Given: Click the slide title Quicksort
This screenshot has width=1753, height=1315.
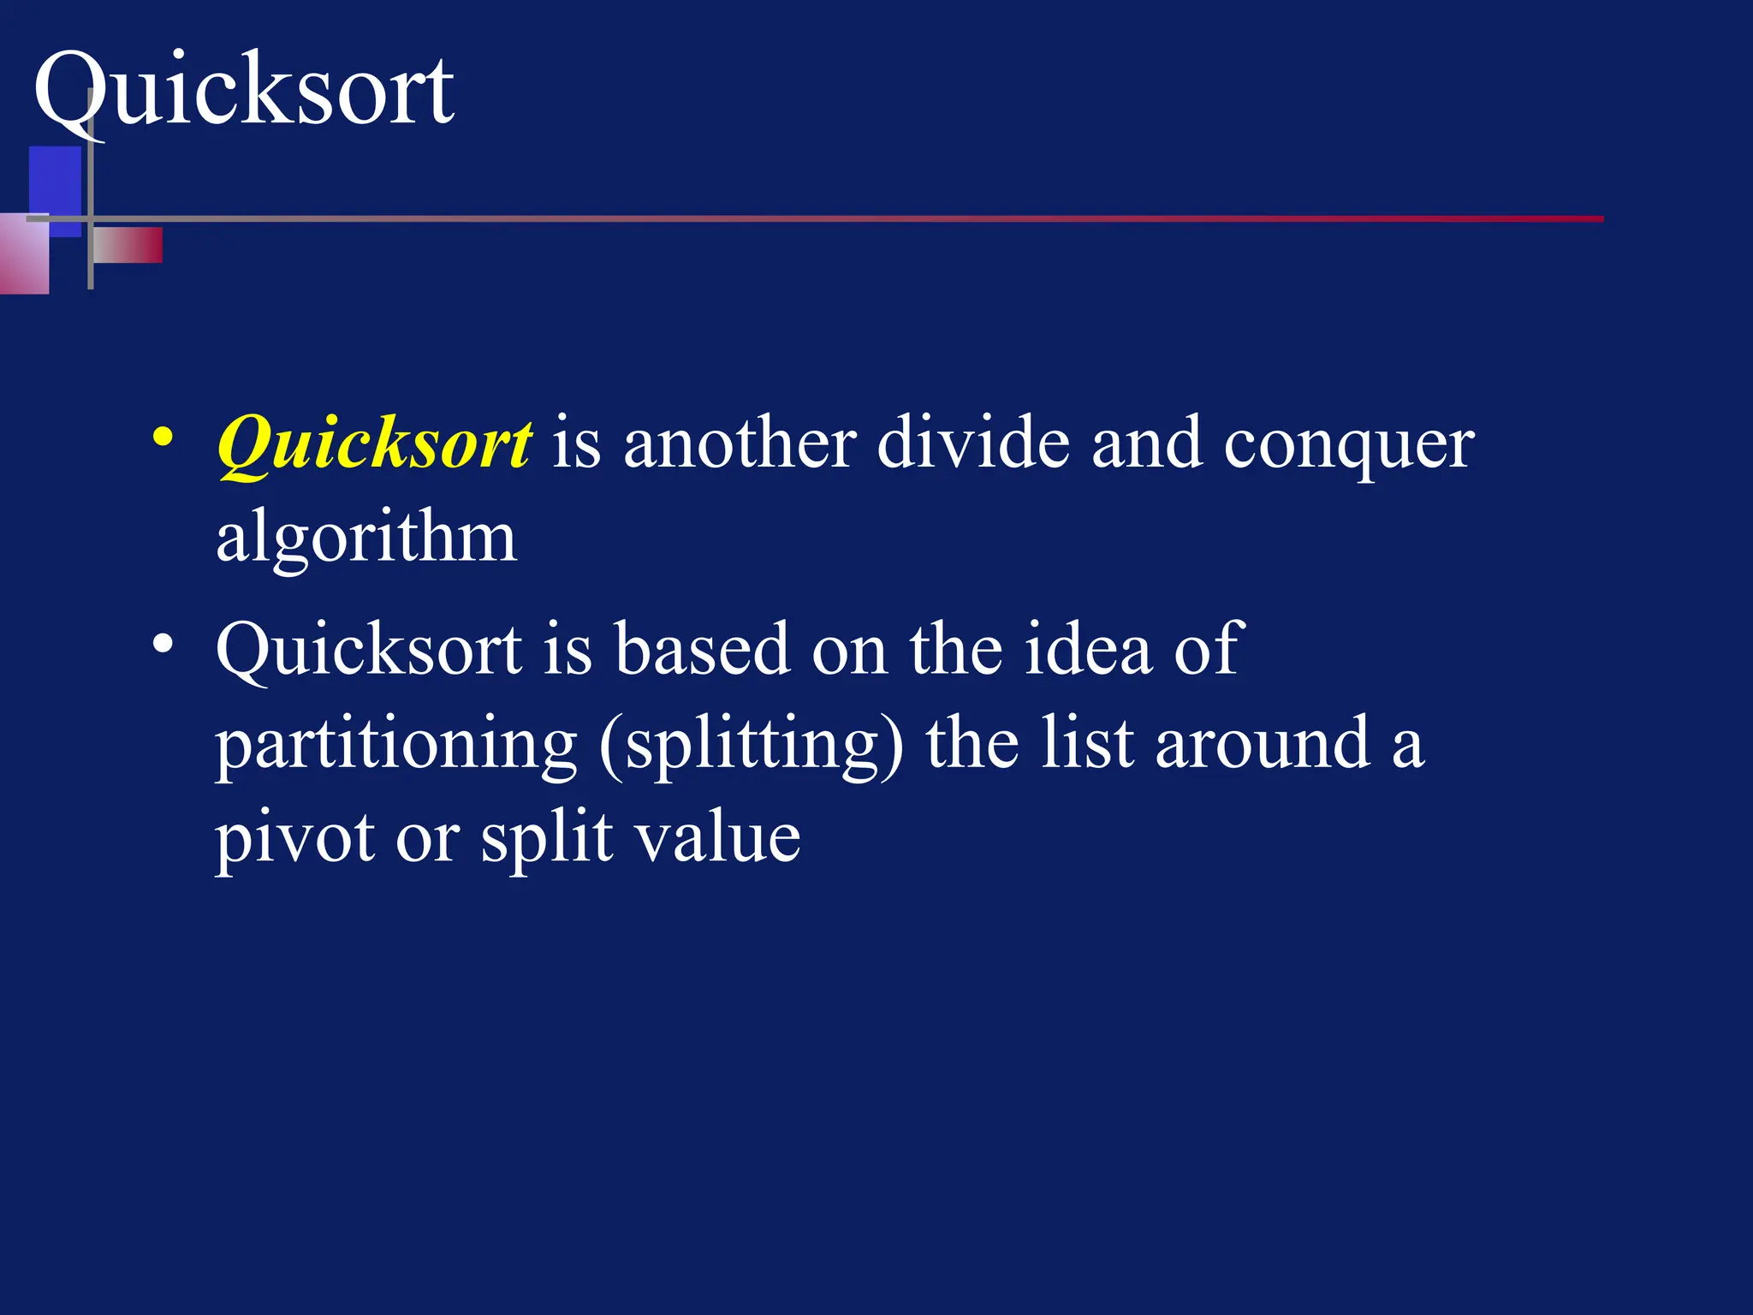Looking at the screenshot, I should [244, 90].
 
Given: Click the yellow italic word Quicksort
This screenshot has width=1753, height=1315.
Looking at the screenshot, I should [375, 443].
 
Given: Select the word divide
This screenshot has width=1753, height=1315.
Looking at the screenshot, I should [973, 443].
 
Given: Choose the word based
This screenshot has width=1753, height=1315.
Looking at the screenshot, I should [702, 649].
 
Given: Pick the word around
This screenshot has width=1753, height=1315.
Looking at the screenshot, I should [1263, 743].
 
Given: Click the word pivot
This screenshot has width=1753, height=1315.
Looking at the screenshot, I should [294, 837].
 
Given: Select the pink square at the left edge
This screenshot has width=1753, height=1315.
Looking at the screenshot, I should [23, 254].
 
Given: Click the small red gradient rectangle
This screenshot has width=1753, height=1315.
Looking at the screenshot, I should [128, 246].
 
